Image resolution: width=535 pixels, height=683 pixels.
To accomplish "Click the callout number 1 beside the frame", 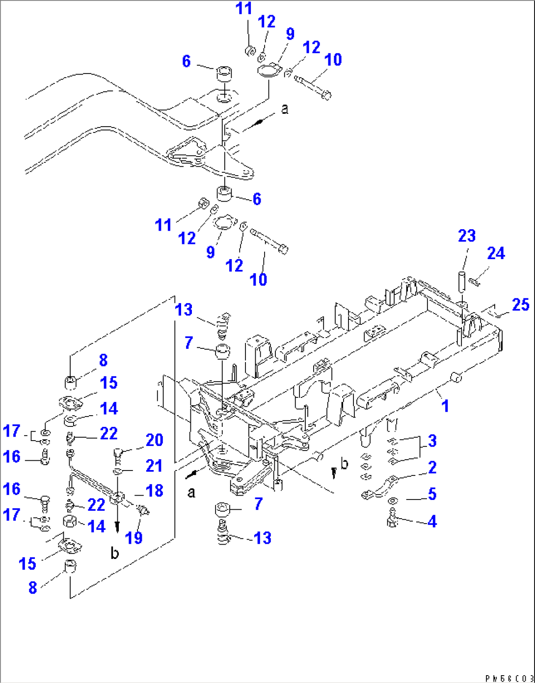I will pyautogui.click(x=445, y=406).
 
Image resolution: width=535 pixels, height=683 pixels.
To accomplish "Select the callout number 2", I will pyautogui.click(x=432, y=467).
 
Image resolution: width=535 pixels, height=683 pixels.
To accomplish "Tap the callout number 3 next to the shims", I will pyautogui.click(x=432, y=441).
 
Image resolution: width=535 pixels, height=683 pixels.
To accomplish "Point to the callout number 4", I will pyautogui.click(x=432, y=521).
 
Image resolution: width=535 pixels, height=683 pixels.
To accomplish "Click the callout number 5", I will pyautogui.click(x=432, y=494).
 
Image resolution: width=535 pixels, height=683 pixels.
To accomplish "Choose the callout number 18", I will pyautogui.click(x=154, y=491).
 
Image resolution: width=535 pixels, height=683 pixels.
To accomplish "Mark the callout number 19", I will pyautogui.click(x=134, y=538).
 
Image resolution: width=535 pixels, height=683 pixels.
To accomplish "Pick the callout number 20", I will pyautogui.click(x=154, y=440).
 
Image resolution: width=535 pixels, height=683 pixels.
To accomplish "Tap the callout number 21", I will pyautogui.click(x=154, y=466).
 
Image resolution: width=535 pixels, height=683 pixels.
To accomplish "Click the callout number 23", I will pyautogui.click(x=467, y=236).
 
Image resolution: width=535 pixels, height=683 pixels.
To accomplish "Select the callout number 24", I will pyautogui.click(x=496, y=254).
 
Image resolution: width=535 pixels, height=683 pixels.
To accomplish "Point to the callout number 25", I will pyautogui.click(x=520, y=305).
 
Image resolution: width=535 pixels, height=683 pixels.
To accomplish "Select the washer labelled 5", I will pyautogui.click(x=392, y=501).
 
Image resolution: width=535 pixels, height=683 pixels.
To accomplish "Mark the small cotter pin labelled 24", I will pyautogui.click(x=474, y=281).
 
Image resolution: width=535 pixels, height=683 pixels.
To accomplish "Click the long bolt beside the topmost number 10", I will pyautogui.click(x=312, y=86).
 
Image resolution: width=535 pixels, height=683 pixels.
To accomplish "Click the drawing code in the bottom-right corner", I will pyautogui.click(x=508, y=678).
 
